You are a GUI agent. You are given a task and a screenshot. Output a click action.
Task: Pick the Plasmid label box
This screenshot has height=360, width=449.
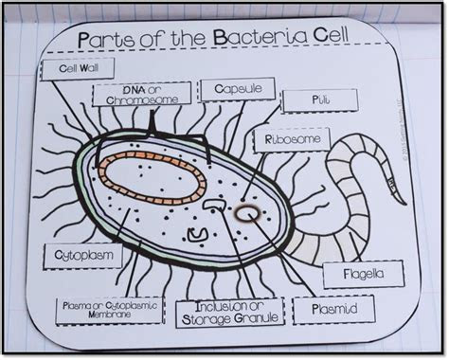pyautogui.click(x=331, y=308)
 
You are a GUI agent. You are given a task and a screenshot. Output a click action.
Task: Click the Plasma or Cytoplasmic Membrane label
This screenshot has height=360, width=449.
pyautogui.click(x=108, y=311)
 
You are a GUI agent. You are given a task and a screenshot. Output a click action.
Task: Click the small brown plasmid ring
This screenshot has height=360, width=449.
pyautogui.click(x=250, y=215)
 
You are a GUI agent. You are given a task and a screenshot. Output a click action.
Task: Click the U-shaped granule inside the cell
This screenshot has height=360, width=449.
pyautogui.click(x=197, y=232)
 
